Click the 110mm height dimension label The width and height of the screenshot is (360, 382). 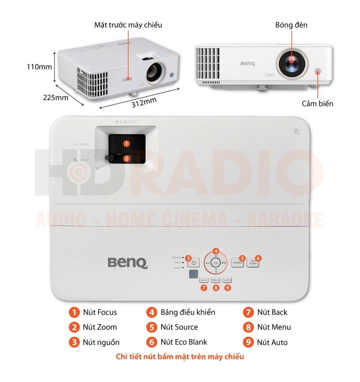pyautogui.click(x=39, y=67)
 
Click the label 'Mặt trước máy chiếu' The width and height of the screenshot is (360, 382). pyautogui.click(x=128, y=25)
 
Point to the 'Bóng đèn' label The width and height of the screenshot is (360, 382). pyautogui.click(x=292, y=25)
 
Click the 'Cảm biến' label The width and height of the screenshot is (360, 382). pyautogui.click(x=318, y=104)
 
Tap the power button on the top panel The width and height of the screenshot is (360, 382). pyautogui.click(x=193, y=263)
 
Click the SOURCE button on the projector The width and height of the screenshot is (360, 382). pyautogui.click(x=238, y=263)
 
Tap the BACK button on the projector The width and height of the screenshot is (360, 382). pyautogui.click(x=204, y=280)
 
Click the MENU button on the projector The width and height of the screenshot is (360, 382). pyautogui.click(x=216, y=280)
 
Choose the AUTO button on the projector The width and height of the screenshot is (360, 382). pyautogui.click(x=227, y=280)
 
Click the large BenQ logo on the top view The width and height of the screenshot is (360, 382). pyautogui.click(x=127, y=262)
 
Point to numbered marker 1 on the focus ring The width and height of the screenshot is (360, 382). pyautogui.click(x=126, y=144)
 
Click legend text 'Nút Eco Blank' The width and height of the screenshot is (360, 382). pyautogui.click(x=184, y=342)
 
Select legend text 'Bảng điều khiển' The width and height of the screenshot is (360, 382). pyautogui.click(x=188, y=312)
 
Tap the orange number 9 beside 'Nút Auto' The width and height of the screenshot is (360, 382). pyautogui.click(x=248, y=342)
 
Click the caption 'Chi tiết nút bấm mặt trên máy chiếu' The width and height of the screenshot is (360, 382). pyautogui.click(x=180, y=357)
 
